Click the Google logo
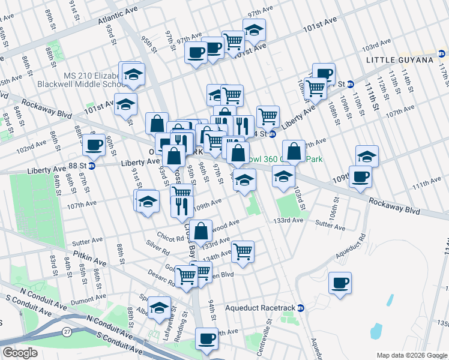click(x=19, y=353)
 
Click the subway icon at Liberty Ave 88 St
click(x=92, y=166)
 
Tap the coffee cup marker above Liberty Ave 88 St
click(x=93, y=145)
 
